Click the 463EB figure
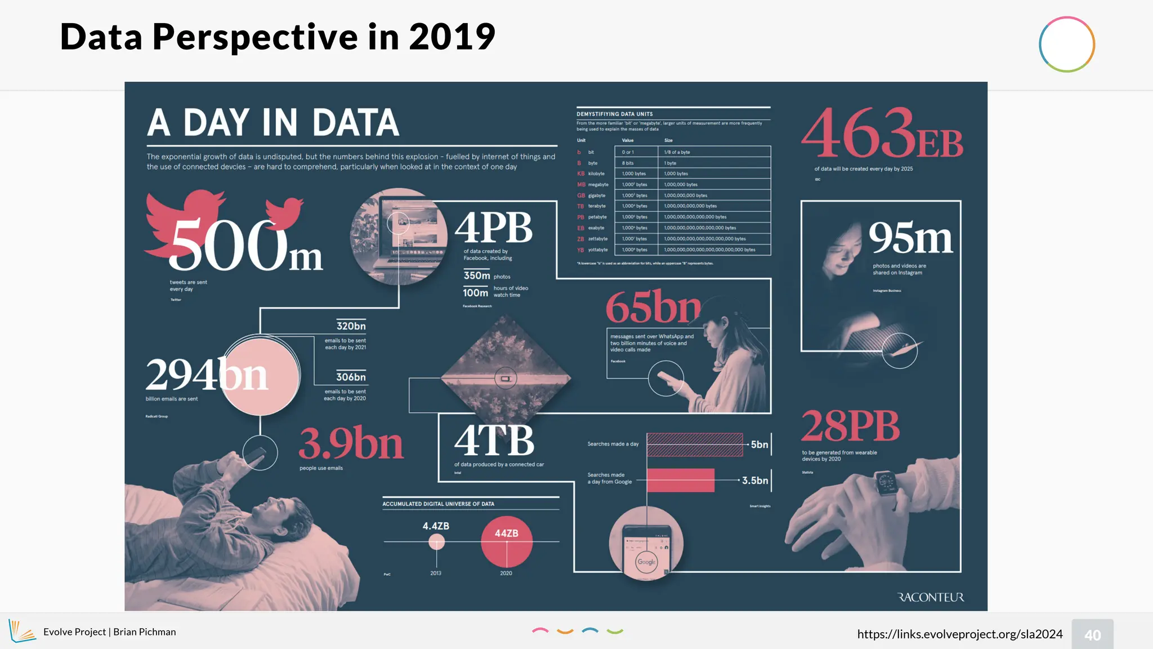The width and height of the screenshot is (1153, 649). pos(882,134)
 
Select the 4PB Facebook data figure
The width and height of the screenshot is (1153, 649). pos(493,228)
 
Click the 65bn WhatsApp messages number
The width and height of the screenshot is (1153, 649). pos(653,307)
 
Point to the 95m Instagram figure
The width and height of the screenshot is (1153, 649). pos(910,238)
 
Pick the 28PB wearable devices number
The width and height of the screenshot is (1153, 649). pos(850,426)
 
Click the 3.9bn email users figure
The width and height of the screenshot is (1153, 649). pos(351,444)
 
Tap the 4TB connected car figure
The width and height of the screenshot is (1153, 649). pos(494,441)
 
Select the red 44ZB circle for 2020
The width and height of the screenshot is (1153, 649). pos(506,541)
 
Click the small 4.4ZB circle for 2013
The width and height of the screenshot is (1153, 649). pos(436,542)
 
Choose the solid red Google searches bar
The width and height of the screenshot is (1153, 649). pos(680,481)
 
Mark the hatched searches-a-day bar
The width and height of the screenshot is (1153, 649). pos(695,444)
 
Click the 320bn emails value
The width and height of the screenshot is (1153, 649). pos(351,326)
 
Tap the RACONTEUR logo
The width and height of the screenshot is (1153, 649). pos(930,597)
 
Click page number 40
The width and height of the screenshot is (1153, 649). pos(1092,635)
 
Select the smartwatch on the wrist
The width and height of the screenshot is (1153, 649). pos(886,483)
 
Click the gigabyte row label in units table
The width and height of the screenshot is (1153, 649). pos(596,195)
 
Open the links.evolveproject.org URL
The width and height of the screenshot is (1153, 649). pos(959,634)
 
